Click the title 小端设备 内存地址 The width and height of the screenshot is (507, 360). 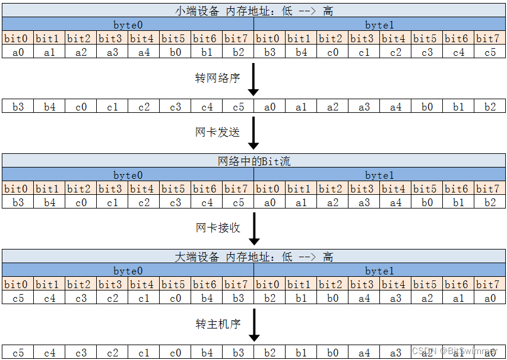click(x=253, y=11)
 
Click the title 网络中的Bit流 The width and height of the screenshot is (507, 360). click(x=253, y=162)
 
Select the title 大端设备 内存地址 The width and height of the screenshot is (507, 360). click(x=253, y=257)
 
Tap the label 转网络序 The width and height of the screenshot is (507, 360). click(x=218, y=78)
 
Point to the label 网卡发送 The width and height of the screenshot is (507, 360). click(x=217, y=132)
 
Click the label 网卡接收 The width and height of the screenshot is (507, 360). click(x=218, y=228)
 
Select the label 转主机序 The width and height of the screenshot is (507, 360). click(x=218, y=324)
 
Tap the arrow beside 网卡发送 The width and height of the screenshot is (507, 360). click(x=253, y=133)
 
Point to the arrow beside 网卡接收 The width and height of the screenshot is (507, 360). click(x=254, y=229)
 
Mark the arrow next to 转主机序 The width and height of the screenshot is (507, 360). click(x=254, y=324)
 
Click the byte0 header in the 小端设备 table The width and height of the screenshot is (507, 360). click(x=128, y=25)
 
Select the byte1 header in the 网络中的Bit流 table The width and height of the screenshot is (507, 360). click(x=379, y=176)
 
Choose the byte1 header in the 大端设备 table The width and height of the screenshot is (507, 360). click(x=379, y=271)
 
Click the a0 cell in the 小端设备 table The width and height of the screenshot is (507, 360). click(x=18, y=52)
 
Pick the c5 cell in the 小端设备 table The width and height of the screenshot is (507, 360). click(x=490, y=52)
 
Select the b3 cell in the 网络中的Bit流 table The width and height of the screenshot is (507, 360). click(x=18, y=203)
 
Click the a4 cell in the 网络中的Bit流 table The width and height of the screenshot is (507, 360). click(x=395, y=203)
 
